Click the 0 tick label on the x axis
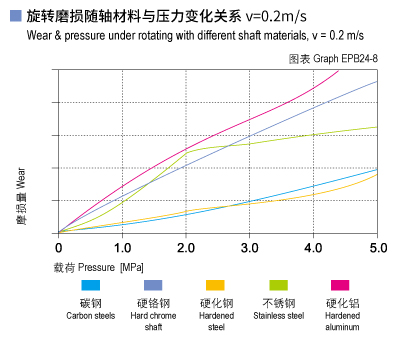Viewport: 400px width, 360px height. point(59,246)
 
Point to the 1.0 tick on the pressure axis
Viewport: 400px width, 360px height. point(122,246)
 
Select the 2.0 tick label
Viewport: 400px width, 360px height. point(186,246)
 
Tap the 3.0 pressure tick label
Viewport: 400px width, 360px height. point(250,246)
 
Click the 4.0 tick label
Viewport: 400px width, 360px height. point(314,246)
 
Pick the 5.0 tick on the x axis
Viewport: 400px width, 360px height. point(377,246)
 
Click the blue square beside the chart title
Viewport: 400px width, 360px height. point(14,16)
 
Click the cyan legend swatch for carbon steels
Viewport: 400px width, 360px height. point(91,287)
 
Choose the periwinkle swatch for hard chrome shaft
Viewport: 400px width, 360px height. point(153,287)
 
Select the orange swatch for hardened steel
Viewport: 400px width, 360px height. point(215,287)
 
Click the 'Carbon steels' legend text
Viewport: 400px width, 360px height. point(91,316)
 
